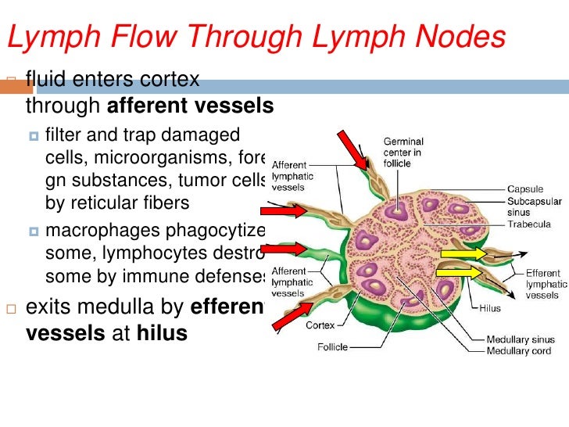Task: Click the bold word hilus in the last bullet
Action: (x=163, y=332)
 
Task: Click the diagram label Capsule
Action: (x=526, y=189)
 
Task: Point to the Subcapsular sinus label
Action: (x=534, y=206)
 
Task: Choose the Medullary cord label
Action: (x=518, y=350)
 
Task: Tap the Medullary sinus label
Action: (x=520, y=339)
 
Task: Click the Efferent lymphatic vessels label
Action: (x=542, y=285)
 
